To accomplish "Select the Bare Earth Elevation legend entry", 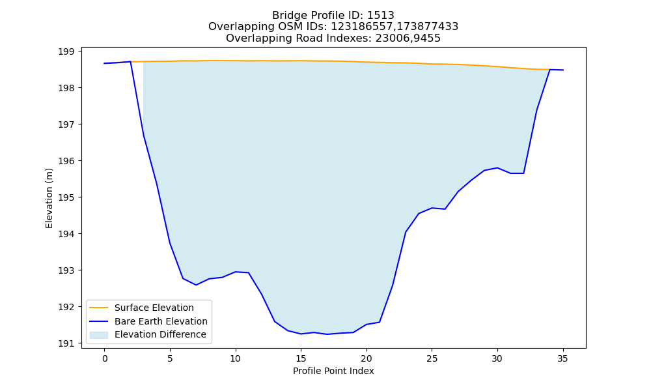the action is tap(148, 321).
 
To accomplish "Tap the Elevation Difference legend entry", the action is tap(148, 334).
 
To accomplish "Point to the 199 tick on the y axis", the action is tap(66, 51).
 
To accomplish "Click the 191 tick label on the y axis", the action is tap(66, 343).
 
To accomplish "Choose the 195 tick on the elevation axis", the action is tap(66, 197).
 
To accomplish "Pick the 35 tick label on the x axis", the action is tap(562, 358).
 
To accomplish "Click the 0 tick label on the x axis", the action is tap(105, 358).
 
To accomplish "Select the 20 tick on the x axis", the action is tap(366, 358).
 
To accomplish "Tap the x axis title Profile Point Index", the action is tap(333, 371).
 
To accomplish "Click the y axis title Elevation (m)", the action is tap(49, 198).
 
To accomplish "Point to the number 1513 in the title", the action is tap(381, 16).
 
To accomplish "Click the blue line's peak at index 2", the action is tap(130, 61).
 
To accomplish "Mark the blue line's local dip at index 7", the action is tap(196, 285).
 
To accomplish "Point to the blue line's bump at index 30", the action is tap(497, 168).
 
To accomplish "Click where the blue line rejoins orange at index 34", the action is tap(549, 69).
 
